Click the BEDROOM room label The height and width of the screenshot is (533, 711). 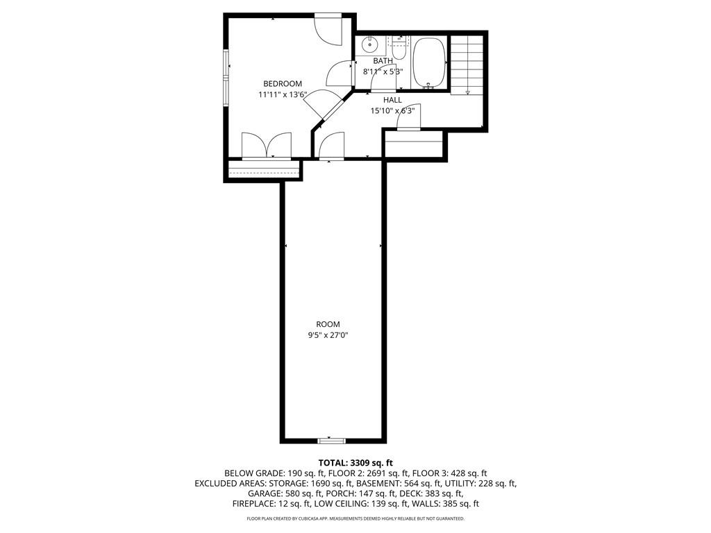282,84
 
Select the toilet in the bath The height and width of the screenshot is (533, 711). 399,50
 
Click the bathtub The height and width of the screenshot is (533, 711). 428,62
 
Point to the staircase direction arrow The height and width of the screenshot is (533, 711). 468,92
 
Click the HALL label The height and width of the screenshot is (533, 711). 392,100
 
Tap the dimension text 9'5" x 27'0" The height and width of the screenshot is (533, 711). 328,335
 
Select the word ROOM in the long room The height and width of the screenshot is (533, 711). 328,324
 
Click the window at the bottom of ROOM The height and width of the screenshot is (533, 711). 332,440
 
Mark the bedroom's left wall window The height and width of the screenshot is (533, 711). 226,78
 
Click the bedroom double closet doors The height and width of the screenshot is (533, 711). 267,146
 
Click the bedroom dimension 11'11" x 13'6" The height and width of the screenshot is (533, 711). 282,94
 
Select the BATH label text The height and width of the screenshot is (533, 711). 383,61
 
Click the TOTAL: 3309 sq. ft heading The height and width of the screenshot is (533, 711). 355,462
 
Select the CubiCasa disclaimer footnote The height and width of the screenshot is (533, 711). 355,519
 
